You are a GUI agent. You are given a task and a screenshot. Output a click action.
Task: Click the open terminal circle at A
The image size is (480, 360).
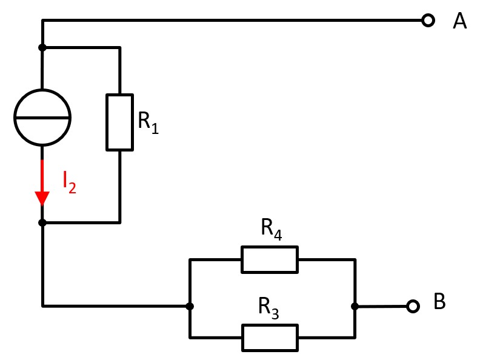coord(428,21)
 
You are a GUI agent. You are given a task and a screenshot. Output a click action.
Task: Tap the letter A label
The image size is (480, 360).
coord(460,21)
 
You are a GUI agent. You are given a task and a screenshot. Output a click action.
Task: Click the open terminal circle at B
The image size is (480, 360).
coord(413,306)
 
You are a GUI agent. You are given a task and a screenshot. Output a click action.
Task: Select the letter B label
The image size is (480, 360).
coord(439,302)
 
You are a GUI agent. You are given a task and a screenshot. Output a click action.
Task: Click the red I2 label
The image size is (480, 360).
coord(69,182)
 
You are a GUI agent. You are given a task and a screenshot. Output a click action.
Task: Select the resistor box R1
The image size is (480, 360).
coord(119,122)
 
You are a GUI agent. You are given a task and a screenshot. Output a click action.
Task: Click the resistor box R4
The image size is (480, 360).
coord(270,259)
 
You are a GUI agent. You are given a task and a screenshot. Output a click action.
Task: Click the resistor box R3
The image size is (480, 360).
coord(270,337)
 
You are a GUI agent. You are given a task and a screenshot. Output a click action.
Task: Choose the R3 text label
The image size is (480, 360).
coord(269,308)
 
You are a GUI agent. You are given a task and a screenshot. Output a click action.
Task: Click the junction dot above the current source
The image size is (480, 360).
coord(42,47)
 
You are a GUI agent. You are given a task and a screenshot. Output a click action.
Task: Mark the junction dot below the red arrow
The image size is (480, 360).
coord(42,222)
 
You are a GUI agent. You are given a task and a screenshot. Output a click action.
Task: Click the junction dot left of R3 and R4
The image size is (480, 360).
coord(190,306)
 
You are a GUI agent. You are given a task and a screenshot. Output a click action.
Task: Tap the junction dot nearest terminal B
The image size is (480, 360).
coord(355,306)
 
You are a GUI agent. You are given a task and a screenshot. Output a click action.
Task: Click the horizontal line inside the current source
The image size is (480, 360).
coord(42,117)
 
